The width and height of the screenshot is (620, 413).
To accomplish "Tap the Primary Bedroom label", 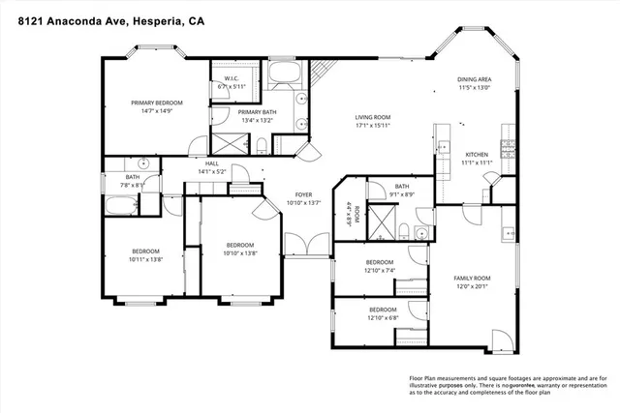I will coord(157,102).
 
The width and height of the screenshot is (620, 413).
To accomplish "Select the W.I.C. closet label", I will coord(232,78).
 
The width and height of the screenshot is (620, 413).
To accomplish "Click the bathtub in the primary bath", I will coord(286,73).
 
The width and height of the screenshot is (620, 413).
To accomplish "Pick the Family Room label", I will coord(474,279).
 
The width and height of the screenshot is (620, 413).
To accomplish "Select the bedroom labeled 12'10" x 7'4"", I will coord(380,266).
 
